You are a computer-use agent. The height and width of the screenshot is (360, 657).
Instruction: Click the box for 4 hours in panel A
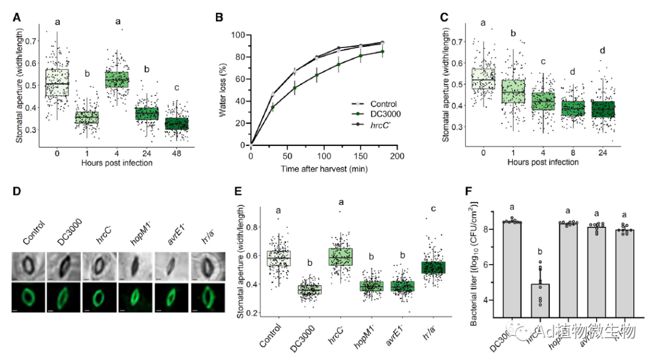click(117, 80)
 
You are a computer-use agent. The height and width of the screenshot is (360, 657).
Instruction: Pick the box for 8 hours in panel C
click(572, 108)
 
